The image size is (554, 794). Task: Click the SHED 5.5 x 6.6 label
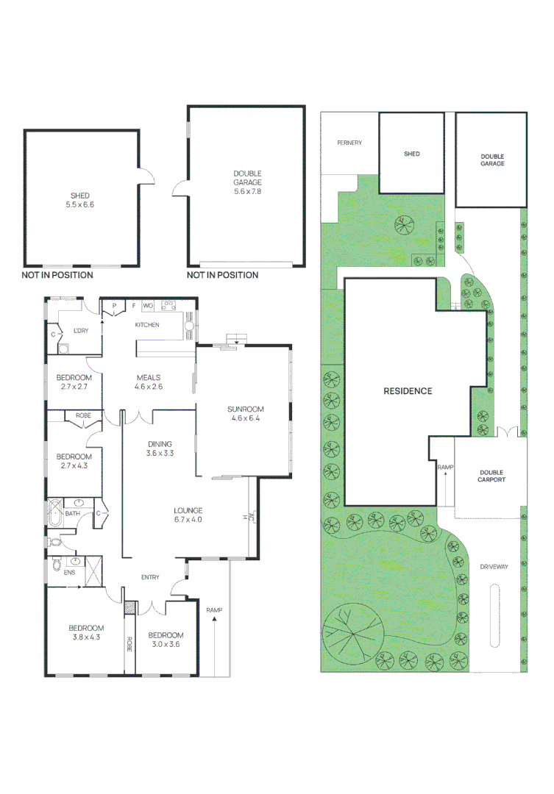coord(80,200)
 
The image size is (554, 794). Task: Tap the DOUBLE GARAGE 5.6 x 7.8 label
coord(247,182)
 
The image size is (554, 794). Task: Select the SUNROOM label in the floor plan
coord(245,409)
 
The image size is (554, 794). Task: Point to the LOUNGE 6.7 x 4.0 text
coord(188,515)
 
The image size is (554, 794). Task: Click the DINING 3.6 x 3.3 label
coord(160,448)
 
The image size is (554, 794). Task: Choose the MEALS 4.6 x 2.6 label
coord(149,382)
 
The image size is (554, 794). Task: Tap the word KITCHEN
coord(147,325)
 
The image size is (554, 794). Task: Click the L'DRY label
coord(81,331)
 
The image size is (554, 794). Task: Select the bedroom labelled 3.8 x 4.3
coord(86,632)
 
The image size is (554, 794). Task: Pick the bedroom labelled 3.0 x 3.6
coord(166,640)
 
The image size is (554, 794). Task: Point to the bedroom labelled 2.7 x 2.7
coord(74,382)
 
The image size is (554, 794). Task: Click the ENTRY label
coord(150,577)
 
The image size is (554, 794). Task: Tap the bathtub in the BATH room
coord(54,512)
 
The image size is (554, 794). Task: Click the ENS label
coord(69,573)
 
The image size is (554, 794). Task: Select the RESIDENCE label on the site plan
coord(408,391)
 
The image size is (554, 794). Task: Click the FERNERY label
coord(349,143)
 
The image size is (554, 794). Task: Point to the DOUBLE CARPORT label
coord(491,476)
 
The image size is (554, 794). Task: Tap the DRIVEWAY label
coord(494,567)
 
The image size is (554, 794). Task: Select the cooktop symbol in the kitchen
coord(168,305)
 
